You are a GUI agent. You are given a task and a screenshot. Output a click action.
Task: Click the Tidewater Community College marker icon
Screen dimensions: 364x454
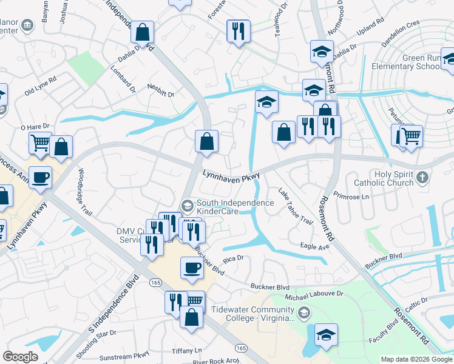tap(305, 313)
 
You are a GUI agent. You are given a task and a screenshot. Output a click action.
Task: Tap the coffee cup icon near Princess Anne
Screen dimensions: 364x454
tap(41, 177)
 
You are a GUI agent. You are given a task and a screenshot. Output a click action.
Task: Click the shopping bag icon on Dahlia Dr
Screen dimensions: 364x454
tap(142, 32)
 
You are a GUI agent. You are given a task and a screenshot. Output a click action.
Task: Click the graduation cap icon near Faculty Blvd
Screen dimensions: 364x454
tap(326, 335)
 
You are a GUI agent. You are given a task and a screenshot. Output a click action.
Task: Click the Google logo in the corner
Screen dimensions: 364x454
tap(20, 357)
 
